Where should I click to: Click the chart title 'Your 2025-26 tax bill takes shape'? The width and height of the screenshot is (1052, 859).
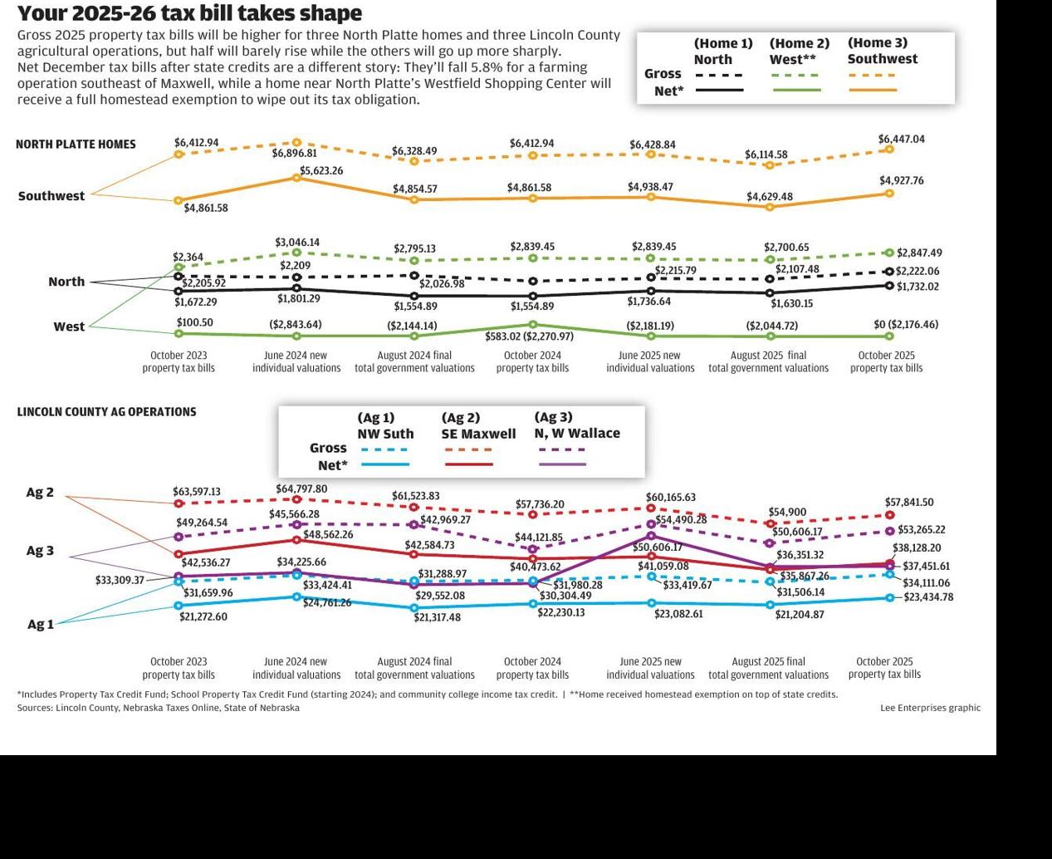pos(189,13)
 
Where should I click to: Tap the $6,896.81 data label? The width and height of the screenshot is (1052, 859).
pos(294,154)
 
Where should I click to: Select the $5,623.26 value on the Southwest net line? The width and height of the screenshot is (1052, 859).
pos(321,171)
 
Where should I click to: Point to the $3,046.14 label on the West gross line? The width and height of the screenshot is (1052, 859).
pos(297,243)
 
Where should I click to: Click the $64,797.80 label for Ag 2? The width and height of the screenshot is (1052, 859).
pos(301,489)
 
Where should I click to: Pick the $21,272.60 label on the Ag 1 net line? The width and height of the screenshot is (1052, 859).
pos(203,616)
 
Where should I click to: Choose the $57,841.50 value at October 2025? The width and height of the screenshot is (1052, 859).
pos(909,503)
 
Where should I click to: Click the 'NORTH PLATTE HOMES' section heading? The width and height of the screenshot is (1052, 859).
pos(76,145)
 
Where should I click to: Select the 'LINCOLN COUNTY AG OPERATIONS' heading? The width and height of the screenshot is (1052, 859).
pos(106,412)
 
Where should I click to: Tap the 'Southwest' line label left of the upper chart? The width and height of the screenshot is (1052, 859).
pos(51,196)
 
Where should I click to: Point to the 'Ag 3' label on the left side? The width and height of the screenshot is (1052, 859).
pos(40,551)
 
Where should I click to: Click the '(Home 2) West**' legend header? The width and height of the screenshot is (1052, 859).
pos(799,52)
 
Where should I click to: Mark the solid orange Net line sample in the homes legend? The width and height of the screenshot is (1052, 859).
pos(873,90)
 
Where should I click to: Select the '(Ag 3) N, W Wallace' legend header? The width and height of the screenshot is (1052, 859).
pos(577,425)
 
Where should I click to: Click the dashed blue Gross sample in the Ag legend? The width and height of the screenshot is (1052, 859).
pos(384,449)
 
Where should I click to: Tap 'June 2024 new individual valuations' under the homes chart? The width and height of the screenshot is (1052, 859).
pos(296,361)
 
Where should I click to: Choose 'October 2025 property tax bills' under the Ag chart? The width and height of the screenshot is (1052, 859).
pos(884,668)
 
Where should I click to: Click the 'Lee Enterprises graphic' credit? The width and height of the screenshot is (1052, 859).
pos(930,708)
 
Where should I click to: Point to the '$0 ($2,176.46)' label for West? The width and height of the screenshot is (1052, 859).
pos(906,325)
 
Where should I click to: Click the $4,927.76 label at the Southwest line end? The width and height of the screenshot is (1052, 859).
pos(901,181)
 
